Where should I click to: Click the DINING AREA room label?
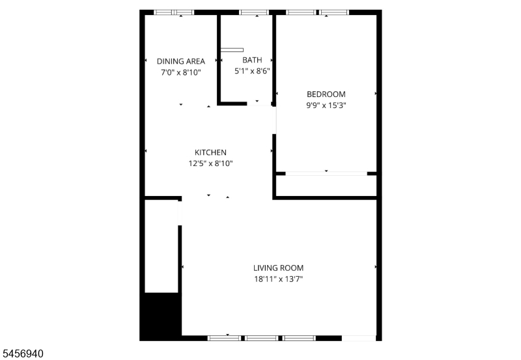pos(181,61)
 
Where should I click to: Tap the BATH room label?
pos(252,60)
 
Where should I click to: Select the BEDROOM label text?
pos(326,94)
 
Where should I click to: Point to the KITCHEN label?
pos(210,152)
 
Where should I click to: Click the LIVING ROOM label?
pos(279,268)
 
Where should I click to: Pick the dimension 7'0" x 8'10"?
pos(181,72)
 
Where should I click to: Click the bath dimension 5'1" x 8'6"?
pos(252,71)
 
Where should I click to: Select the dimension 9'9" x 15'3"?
pos(326,105)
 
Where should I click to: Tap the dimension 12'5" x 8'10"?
pos(210,163)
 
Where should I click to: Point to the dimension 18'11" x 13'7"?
pos(279,279)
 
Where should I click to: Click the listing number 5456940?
pos(23,353)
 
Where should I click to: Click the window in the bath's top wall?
pos(254,12)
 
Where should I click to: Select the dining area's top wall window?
pos(174,12)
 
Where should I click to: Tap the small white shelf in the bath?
pos(232,50)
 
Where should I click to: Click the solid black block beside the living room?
pos(161,316)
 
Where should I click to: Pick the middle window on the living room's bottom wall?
pos(262,338)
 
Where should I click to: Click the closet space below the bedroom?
pos(326,186)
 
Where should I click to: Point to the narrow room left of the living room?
pos(162,246)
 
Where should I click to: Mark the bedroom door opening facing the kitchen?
pos(274,120)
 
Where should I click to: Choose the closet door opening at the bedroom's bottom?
pos(326,174)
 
